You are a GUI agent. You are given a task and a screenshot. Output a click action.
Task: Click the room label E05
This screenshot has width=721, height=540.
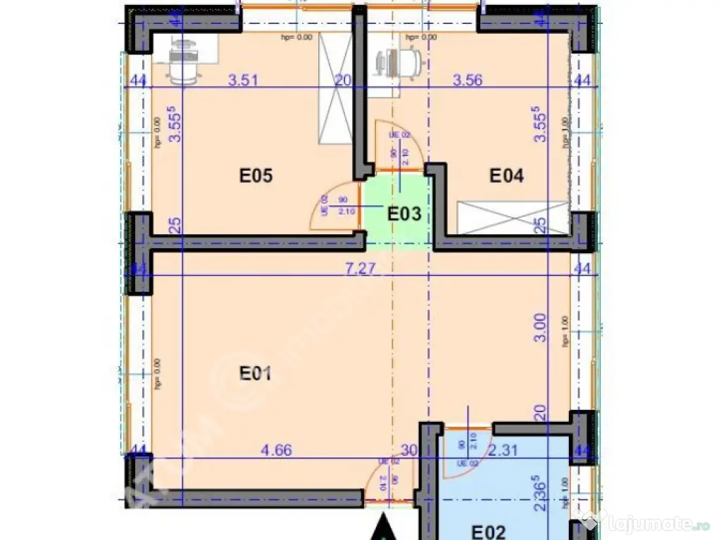(256, 176)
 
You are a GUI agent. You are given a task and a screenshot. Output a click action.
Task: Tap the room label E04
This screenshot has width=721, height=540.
(507, 176)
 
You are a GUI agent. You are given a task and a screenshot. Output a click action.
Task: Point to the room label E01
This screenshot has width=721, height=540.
(256, 373)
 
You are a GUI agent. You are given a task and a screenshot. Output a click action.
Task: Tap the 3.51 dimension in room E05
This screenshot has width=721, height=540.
(244, 80)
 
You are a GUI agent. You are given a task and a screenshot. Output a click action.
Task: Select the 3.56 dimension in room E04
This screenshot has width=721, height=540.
(468, 80)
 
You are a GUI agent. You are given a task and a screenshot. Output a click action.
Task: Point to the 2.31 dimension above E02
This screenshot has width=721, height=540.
(503, 450)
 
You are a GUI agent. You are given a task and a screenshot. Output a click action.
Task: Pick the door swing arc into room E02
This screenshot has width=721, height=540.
(465, 457)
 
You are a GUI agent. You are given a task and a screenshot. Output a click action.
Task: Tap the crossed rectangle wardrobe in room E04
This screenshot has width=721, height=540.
(513, 217)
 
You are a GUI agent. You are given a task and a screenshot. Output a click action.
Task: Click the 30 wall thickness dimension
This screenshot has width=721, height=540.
(409, 450)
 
